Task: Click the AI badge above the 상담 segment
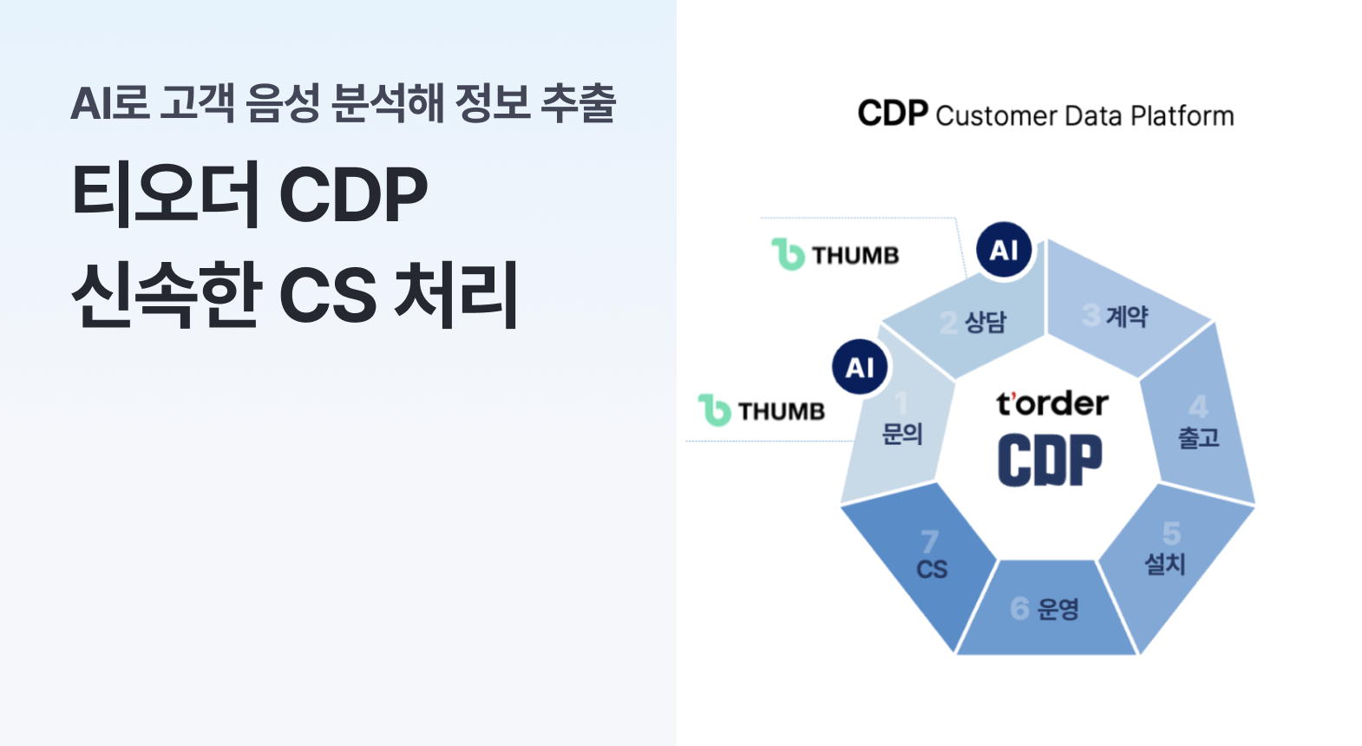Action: coord(1004,249)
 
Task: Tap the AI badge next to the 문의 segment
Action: coord(860,367)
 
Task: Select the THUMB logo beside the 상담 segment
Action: coord(835,254)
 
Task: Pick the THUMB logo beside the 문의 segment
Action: coord(762,410)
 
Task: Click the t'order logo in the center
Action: coord(1052,404)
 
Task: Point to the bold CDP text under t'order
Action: coord(1050,460)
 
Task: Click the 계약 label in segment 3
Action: coord(1127,317)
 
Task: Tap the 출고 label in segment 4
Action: coord(1199,438)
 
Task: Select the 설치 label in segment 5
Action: coord(1165,564)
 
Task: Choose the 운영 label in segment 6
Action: coord(1058,609)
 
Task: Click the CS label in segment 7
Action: coord(932,570)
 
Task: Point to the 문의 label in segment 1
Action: coord(902,434)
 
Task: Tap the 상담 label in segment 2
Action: coord(985,322)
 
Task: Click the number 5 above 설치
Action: coord(1172,533)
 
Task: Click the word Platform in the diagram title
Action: coord(1182,115)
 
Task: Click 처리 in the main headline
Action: coord(456,294)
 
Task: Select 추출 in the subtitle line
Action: coord(579,102)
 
